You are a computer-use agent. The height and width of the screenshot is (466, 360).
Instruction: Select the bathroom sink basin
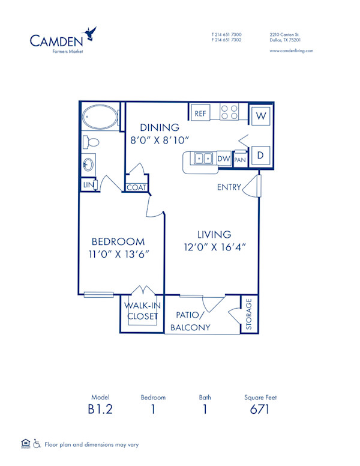pos(88,164)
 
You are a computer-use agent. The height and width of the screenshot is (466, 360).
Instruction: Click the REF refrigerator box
pos(200,112)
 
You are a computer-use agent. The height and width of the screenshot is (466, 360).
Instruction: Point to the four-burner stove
pos(229,112)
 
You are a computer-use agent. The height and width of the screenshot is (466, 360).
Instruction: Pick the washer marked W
pos(261,115)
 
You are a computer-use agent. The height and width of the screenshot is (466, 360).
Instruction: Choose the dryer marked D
pos(261,155)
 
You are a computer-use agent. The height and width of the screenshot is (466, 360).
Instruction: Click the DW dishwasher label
pos(224,159)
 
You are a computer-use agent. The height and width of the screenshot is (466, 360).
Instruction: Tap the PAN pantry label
pos(240,159)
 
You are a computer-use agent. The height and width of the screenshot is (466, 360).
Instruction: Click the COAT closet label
pos(136,187)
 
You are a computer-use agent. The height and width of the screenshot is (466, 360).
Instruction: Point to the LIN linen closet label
pos(88,184)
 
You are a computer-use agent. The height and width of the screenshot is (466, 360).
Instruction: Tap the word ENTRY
pos(229,187)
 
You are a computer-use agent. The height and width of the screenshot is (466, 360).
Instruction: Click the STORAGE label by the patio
pos(249,314)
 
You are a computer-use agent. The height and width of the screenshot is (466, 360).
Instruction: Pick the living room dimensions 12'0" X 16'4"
pos(215,246)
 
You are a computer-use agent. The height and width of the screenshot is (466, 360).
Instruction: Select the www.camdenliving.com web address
pos(291,51)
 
